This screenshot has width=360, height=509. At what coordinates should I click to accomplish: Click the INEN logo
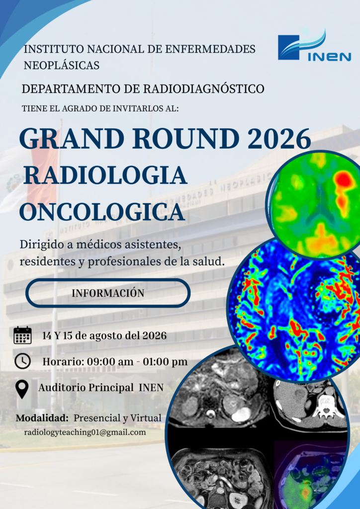314,45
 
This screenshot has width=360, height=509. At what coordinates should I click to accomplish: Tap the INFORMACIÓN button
108,293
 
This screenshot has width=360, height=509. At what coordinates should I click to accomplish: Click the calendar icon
22,335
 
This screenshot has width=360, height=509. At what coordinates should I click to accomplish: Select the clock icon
22,361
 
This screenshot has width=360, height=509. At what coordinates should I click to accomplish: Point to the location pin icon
22,389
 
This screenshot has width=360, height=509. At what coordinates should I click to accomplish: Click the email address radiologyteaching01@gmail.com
85,432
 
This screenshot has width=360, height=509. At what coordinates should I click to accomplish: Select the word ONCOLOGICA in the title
102,212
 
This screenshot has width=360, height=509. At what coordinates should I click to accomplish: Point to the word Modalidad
42,418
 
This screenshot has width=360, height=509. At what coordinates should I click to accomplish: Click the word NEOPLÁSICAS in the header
61,65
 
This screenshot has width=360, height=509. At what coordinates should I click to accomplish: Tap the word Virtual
146,418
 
